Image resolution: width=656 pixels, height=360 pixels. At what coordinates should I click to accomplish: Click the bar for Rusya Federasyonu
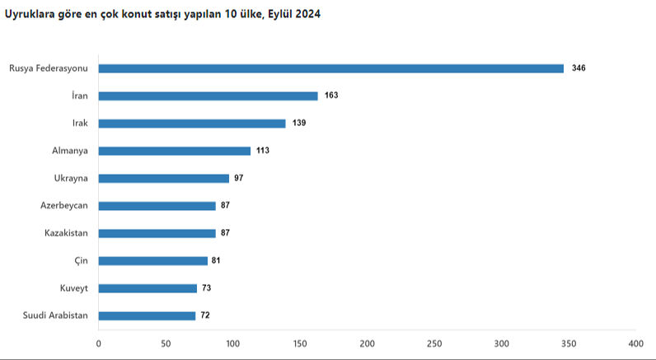tap(331, 68)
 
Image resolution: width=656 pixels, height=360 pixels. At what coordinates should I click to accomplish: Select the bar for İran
tap(209, 96)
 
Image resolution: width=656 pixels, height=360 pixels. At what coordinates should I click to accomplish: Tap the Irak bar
tap(192, 124)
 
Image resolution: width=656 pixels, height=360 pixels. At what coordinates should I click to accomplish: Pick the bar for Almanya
tap(175, 151)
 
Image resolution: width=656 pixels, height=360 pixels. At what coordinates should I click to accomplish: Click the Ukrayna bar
tap(164, 178)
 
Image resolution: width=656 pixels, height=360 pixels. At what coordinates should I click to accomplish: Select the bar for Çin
tap(153, 260)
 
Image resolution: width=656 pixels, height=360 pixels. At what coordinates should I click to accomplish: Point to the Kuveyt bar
tap(148, 288)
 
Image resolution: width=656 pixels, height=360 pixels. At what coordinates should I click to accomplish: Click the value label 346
tap(579, 68)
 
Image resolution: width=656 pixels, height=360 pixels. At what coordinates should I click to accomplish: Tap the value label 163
tap(331, 96)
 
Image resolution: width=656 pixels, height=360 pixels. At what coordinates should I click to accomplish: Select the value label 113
tap(263, 151)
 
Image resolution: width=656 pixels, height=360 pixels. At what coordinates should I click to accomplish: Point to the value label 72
tap(205, 316)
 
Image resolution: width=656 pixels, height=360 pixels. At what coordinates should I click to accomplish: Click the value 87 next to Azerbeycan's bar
tap(226, 206)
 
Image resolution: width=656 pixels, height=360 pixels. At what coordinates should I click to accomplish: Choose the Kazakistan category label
tap(67, 233)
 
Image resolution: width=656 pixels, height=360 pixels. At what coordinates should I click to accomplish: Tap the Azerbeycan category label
tap(64, 206)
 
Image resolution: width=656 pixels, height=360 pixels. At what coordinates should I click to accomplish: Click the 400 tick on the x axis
tap(635, 343)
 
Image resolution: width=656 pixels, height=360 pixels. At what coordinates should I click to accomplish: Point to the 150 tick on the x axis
tap(300, 343)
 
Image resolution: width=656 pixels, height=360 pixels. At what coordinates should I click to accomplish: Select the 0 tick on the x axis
tap(99, 343)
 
